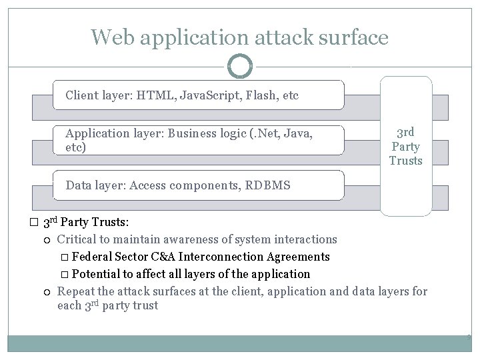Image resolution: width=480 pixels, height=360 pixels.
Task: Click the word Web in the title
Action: click(x=113, y=37)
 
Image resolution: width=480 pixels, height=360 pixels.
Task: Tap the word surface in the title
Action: click(x=353, y=37)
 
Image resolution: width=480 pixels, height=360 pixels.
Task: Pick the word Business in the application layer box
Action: click(x=192, y=133)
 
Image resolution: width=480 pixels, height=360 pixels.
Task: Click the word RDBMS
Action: click(x=267, y=185)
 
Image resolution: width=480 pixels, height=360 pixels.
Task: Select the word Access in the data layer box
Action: click(x=147, y=185)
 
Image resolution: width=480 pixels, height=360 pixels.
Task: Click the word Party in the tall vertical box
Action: click(x=405, y=147)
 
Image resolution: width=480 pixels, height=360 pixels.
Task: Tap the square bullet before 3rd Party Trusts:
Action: click(x=34, y=222)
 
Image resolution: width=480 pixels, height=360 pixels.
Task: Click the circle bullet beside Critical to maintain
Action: click(x=47, y=240)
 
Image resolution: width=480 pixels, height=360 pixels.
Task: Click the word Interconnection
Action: click(x=221, y=257)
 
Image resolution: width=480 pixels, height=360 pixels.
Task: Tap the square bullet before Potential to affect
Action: click(x=64, y=274)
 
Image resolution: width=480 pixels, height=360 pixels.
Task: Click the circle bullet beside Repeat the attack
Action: click(x=47, y=292)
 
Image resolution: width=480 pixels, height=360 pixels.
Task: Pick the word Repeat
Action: click(x=76, y=291)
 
